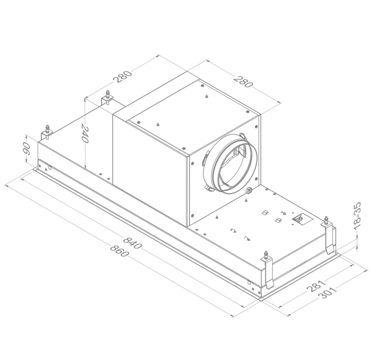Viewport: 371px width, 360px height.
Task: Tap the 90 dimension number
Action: tap(27, 148)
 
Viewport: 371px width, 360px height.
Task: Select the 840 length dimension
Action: tap(133, 243)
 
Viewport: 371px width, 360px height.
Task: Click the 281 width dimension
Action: tap(316, 286)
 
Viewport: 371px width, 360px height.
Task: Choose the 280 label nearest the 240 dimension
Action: tap(123, 76)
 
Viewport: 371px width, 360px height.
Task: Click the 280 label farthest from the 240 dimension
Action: tap(243, 82)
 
